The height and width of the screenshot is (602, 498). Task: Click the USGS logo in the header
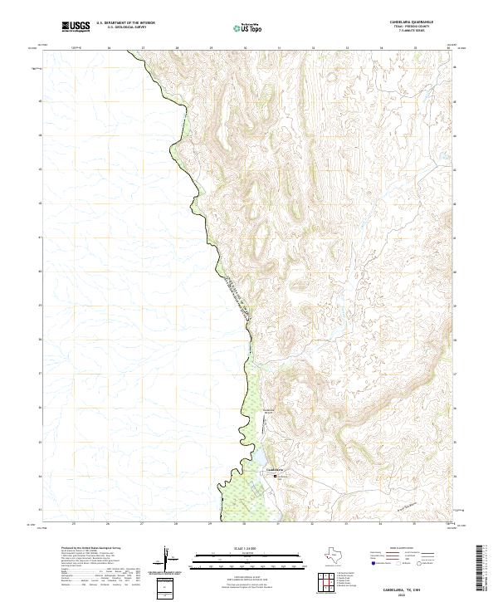click(x=76, y=27)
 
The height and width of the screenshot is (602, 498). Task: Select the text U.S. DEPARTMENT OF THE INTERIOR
click(x=126, y=23)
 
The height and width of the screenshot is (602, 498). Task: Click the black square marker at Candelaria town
click(x=278, y=476)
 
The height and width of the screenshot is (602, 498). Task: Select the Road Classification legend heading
click(x=404, y=549)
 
